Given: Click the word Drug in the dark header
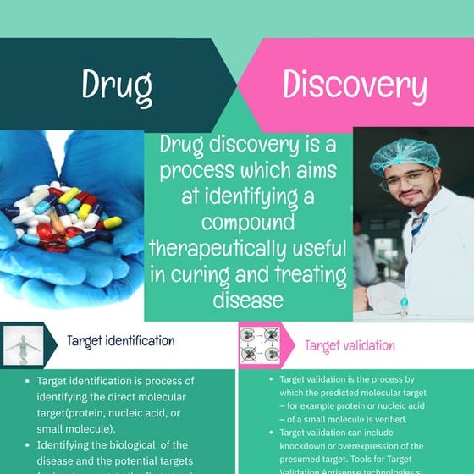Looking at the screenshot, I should point(117,85).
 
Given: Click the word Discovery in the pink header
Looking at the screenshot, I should point(354,85).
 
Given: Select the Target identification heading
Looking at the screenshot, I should point(121,341).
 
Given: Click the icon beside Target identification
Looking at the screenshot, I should point(19,345).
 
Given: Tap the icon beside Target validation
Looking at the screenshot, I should point(260,345).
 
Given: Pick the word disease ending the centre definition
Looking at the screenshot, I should point(248,300).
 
